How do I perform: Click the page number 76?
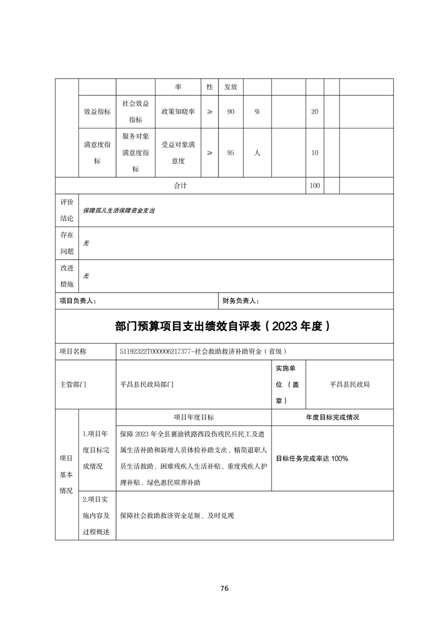coord(224,588)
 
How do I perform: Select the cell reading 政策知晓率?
coord(177,112)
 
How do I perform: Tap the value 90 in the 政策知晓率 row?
coord(230,112)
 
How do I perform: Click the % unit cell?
coord(257,112)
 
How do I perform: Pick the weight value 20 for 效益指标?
coord(315,112)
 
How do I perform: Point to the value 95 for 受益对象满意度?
coord(230,152)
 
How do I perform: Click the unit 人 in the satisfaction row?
coord(257,152)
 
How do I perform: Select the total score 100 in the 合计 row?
coord(315,186)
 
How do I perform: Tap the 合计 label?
coord(180,186)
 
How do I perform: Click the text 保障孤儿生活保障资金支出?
coord(119,211)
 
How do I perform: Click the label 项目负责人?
coord(78,300)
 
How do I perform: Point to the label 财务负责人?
coord(240,300)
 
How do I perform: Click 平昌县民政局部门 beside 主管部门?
coord(147,385)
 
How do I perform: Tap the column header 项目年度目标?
coord(193,417)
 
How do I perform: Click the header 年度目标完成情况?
coord(332,417)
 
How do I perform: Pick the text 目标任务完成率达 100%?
coord(312,459)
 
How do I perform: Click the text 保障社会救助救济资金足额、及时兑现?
coord(176,515)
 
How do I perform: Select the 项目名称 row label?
coord(73,351)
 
